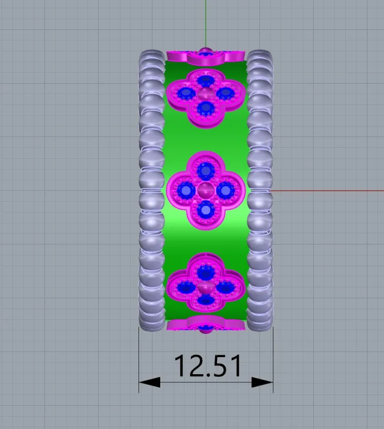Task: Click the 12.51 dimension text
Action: click(208, 366)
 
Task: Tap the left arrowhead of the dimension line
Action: click(149, 382)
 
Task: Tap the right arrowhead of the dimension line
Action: click(263, 382)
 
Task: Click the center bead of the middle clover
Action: click(205, 190)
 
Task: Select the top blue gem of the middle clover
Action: click(205, 171)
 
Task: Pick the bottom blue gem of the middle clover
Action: click(205, 210)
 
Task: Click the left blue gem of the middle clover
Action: click(186, 190)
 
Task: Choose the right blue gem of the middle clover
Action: click(225, 190)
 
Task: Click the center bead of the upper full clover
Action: click(205, 94)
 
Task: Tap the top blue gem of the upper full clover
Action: click(205, 81)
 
